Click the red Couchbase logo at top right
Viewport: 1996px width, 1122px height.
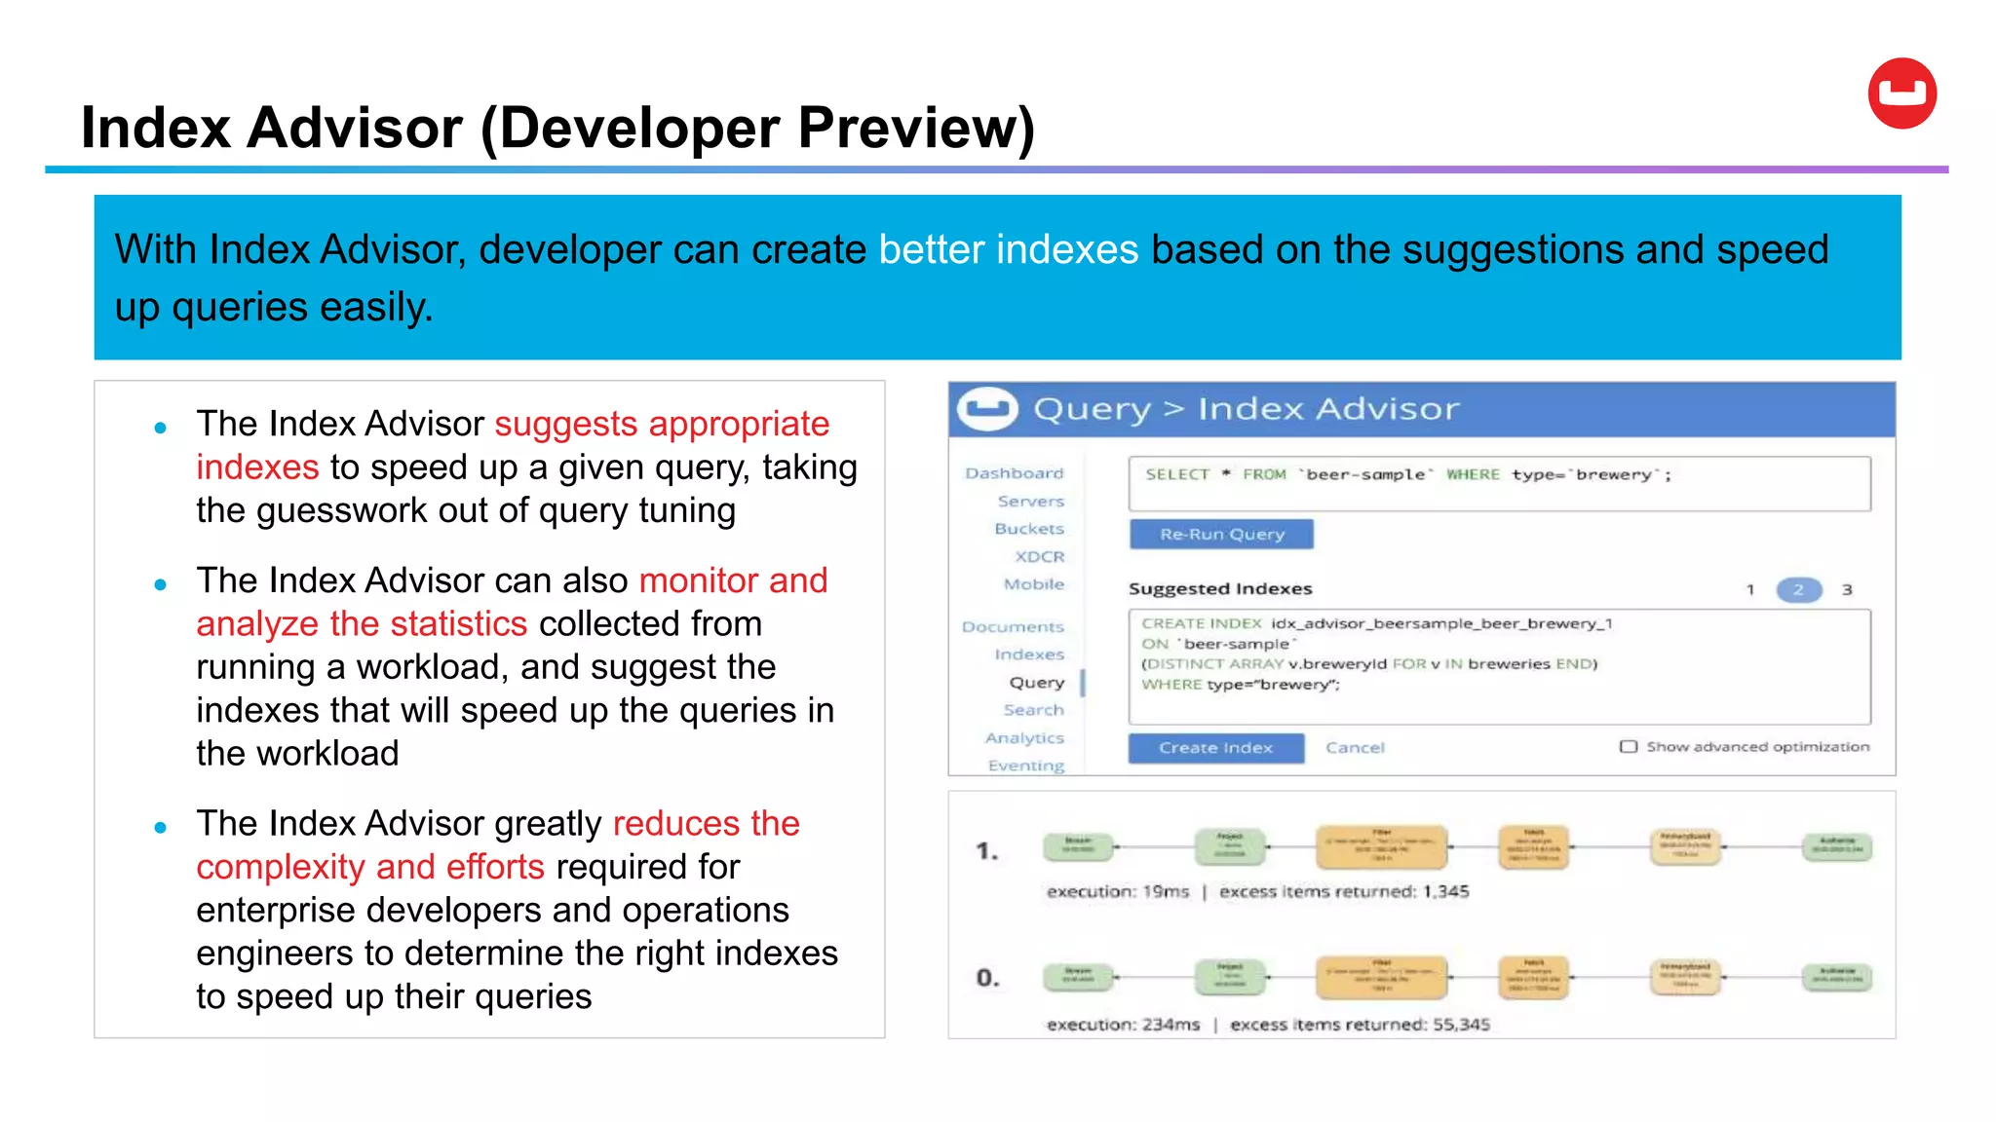1901,93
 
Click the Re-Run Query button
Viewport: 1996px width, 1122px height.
1221,534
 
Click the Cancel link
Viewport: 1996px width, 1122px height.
1355,748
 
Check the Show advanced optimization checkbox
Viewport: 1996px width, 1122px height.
1628,747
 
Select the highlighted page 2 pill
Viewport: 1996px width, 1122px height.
1798,589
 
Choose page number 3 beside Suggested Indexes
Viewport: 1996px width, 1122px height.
1846,589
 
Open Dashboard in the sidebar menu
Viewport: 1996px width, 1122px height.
1014,473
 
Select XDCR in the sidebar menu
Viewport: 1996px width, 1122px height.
1039,557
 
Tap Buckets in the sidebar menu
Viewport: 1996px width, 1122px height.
1028,529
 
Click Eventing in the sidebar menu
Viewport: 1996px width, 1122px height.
1025,766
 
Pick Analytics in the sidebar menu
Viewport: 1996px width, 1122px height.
1023,738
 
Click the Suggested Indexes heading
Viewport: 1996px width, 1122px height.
1219,588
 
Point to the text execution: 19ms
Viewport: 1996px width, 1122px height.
1118,891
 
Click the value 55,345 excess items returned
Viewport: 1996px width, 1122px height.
1460,1025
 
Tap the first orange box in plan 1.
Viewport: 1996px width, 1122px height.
1381,846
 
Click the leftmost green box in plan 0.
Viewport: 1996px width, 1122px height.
1077,976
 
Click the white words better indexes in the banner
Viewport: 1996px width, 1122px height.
1008,249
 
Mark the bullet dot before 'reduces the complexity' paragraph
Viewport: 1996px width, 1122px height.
161,828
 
